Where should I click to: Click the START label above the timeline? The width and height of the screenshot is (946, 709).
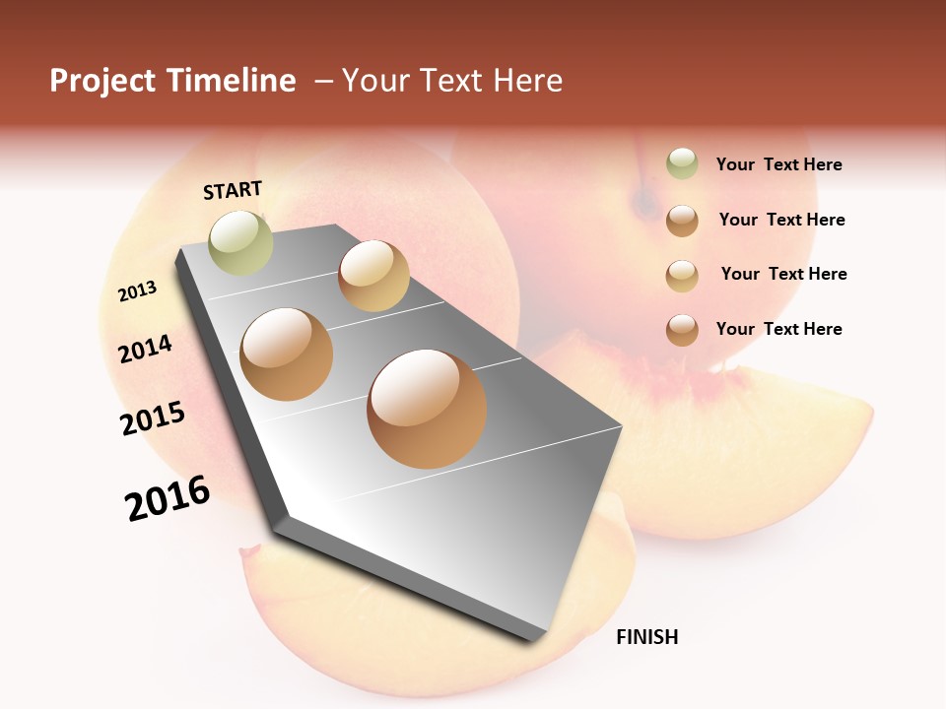(233, 190)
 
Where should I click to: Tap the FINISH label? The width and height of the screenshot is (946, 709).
(646, 637)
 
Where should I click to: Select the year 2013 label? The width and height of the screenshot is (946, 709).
(138, 290)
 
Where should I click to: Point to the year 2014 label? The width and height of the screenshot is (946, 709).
(146, 349)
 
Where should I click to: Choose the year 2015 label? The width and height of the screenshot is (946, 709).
(153, 419)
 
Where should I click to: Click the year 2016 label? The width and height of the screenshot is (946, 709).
(168, 497)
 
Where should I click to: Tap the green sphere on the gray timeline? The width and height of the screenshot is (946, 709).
(240, 242)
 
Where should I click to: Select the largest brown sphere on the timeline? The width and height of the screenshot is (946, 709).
(427, 409)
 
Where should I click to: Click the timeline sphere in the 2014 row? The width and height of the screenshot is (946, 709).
(286, 354)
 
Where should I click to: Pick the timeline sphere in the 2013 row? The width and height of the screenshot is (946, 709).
(373, 276)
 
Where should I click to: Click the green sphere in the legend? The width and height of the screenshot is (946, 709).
(682, 164)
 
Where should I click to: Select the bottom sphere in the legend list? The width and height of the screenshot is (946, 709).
(682, 329)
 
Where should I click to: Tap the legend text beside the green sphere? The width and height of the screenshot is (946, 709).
(778, 164)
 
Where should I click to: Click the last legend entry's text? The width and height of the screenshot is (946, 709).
(778, 329)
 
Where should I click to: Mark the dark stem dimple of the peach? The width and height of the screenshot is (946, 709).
(646, 202)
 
